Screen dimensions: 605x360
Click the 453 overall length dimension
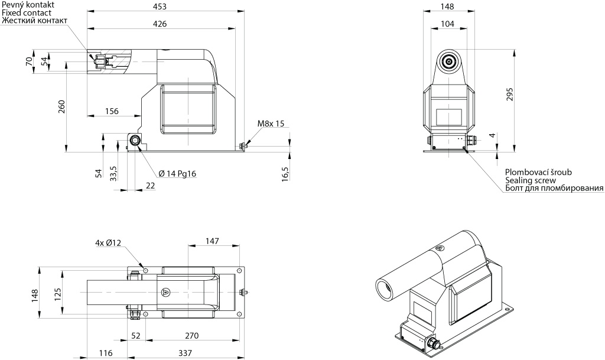click(160, 6)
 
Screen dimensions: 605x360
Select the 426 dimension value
click(160, 24)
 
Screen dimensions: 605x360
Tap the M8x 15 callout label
click(271, 124)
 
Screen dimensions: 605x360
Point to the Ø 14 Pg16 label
click(177, 174)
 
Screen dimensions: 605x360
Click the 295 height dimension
click(510, 95)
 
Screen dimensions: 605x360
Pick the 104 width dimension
click(447, 24)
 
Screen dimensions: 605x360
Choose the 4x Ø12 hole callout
click(108, 243)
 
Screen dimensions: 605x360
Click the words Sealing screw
click(531, 180)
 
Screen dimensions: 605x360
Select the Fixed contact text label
click(26, 13)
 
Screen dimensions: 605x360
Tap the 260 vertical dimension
click(62, 106)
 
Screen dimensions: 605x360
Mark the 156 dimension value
click(112, 112)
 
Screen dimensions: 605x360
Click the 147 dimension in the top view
click(212, 242)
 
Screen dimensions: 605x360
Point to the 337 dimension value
click(185, 353)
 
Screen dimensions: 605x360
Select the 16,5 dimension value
click(285, 174)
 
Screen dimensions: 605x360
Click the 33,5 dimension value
click(113, 174)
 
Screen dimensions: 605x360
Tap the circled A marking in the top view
click(166, 291)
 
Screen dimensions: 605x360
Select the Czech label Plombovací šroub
click(539, 173)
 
